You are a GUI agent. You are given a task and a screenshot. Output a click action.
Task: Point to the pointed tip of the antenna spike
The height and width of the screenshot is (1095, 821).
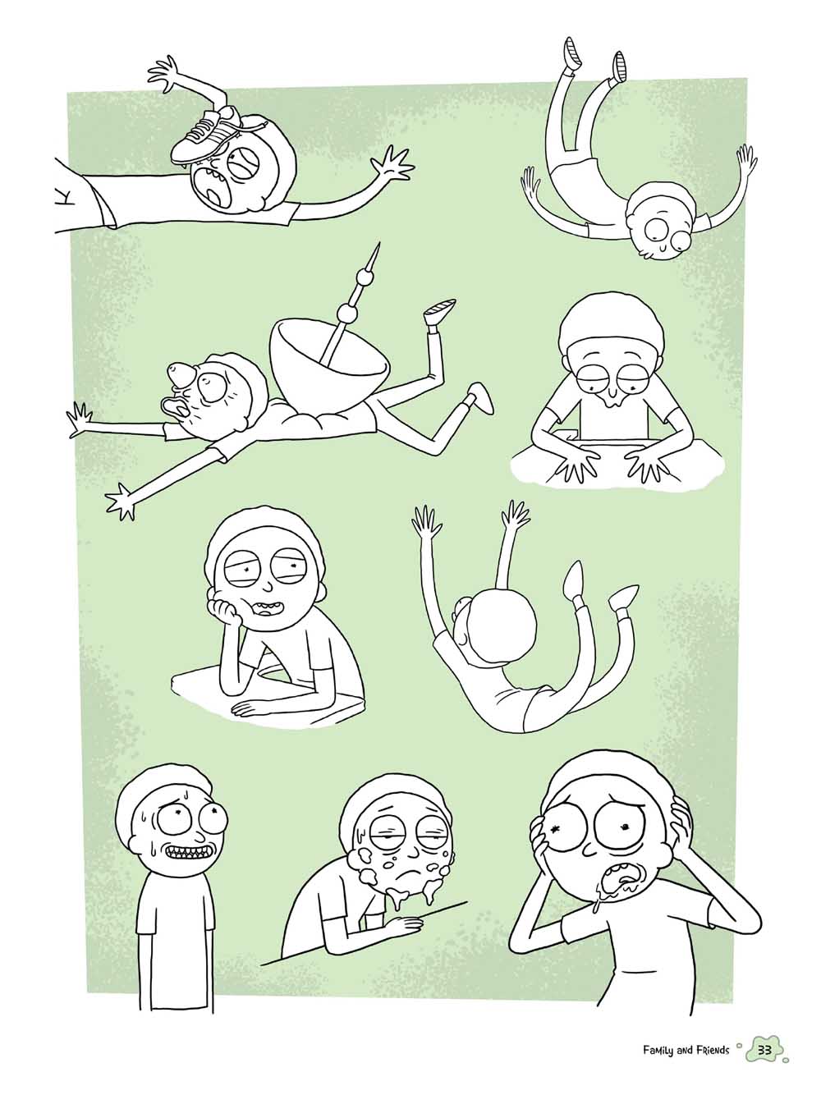379,244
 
